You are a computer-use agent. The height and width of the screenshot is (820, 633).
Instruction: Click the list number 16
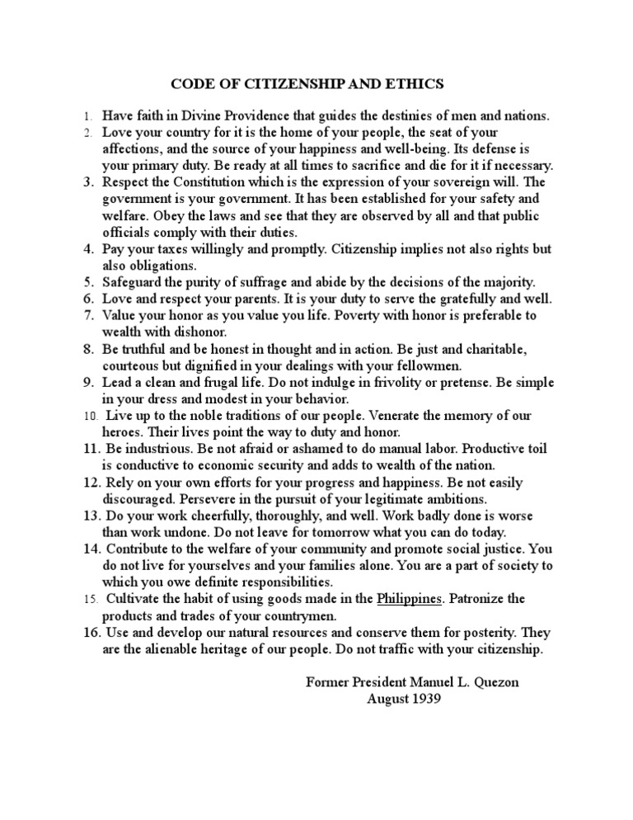pyautogui.click(x=91, y=632)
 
